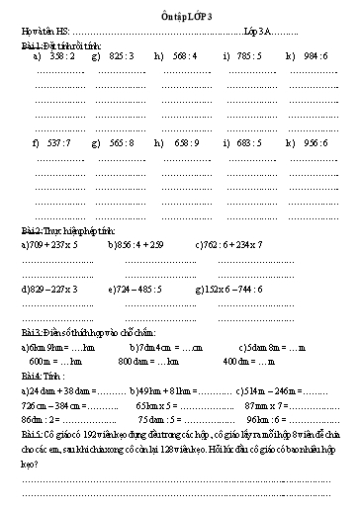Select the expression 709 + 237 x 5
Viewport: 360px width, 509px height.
[49, 243]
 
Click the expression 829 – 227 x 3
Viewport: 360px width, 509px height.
[49, 290]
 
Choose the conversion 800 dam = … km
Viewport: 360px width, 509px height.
[149, 363]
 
